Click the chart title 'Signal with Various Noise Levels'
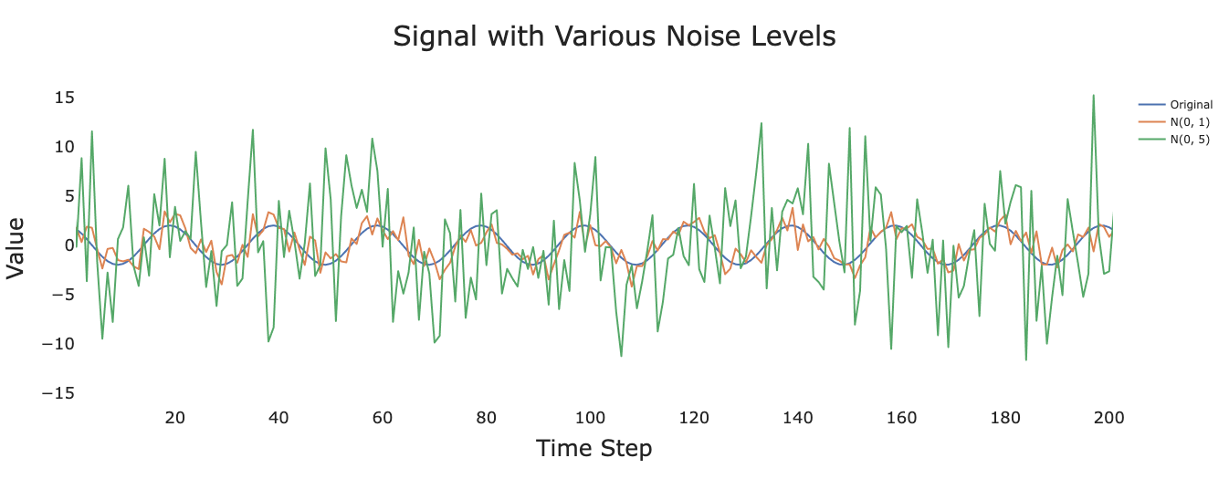point(614,36)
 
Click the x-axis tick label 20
point(174,418)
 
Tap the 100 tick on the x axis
point(590,418)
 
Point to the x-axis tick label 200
point(1109,418)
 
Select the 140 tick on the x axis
point(798,418)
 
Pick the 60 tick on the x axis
point(383,418)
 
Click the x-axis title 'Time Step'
point(593,449)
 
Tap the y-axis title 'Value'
point(16,247)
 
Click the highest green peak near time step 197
point(1094,95)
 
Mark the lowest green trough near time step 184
point(1026,359)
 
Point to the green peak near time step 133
point(762,123)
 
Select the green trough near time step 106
point(621,356)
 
